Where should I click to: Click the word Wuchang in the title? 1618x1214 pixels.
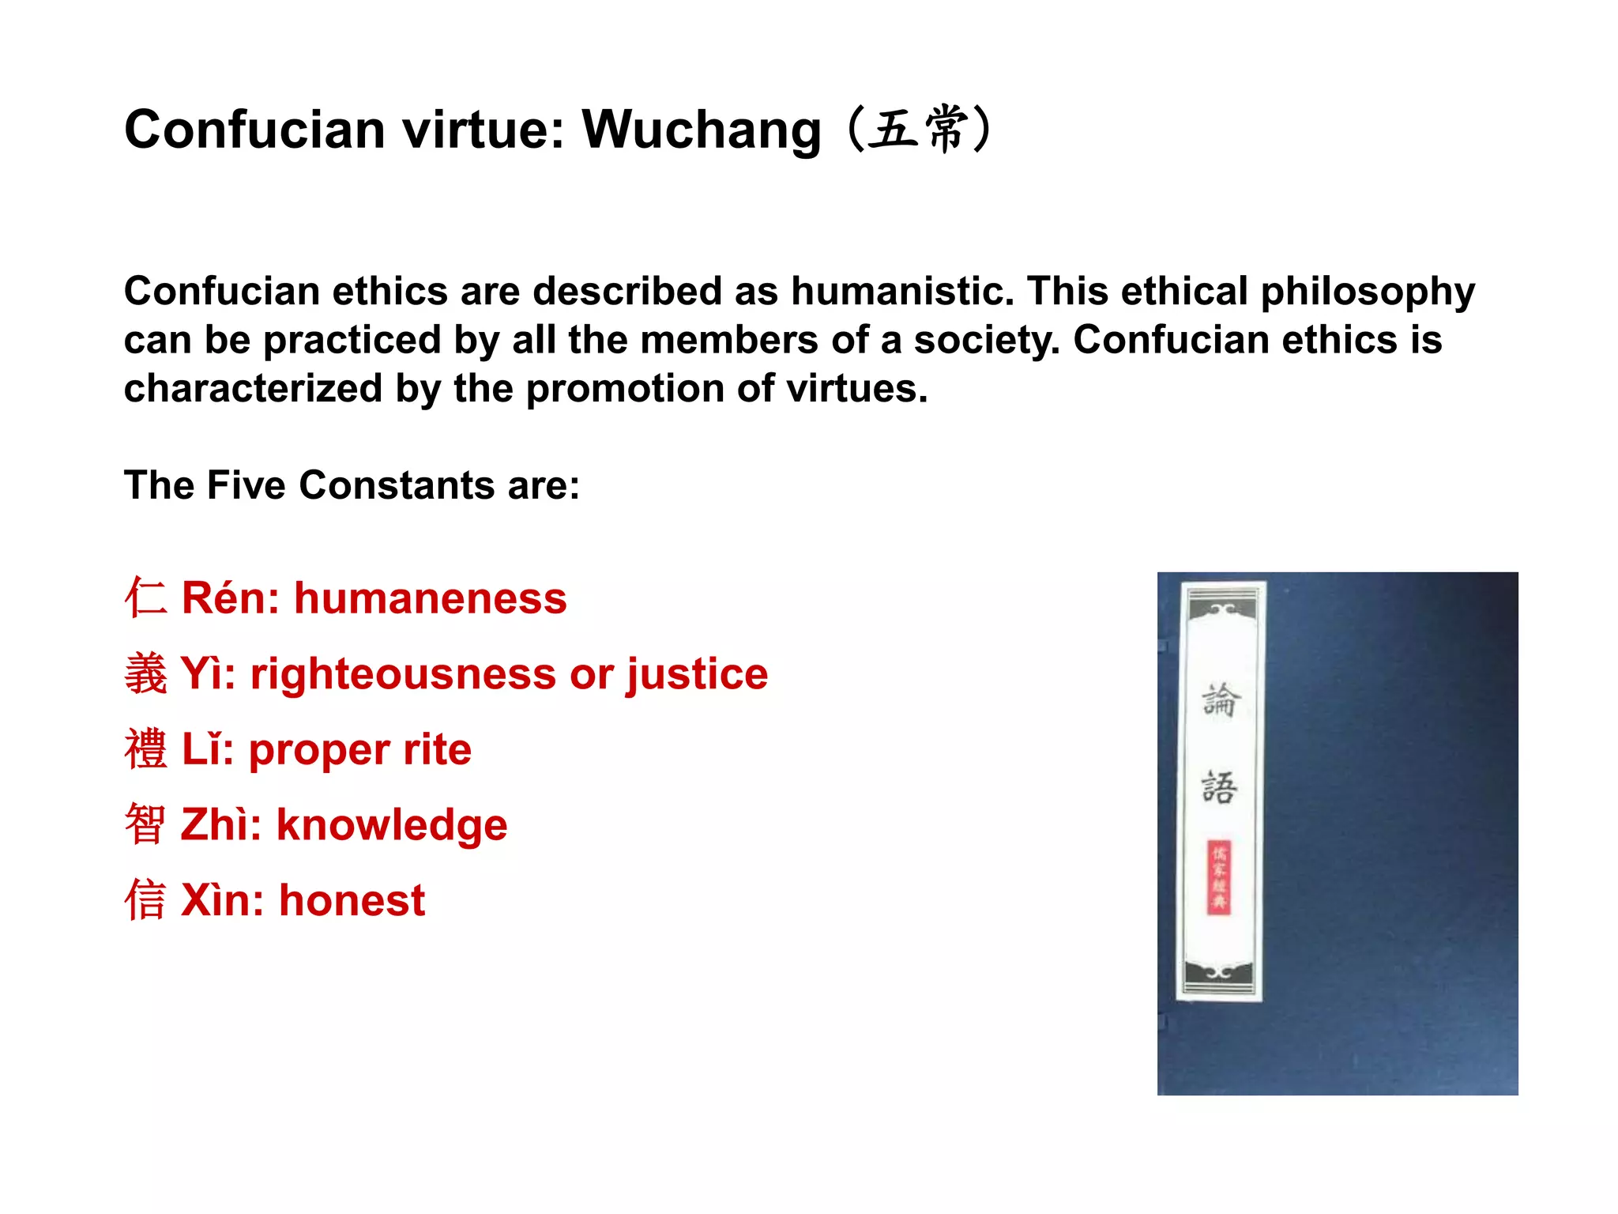pos(702,130)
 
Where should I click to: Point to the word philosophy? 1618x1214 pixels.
pos(1368,292)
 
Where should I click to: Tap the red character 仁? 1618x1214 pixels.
pos(146,598)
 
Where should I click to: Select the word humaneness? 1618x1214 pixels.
pos(431,598)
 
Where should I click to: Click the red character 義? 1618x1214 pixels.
pos(146,673)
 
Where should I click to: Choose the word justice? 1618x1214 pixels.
pos(698,674)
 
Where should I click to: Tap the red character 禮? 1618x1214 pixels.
pos(146,749)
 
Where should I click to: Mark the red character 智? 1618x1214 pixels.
pos(146,824)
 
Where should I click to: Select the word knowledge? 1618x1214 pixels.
pos(392,825)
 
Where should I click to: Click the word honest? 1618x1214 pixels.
pos(352,901)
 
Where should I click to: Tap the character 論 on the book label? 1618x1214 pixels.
pos(1221,700)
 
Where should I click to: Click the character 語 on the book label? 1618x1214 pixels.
pos(1219,787)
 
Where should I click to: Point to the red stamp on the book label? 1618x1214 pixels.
pos(1219,877)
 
